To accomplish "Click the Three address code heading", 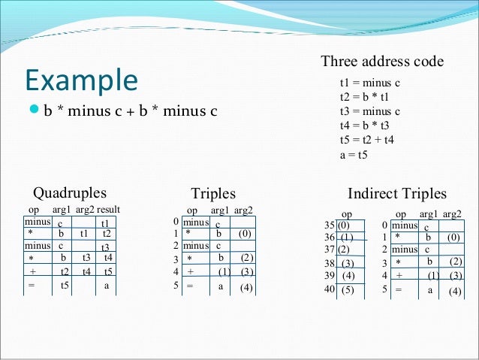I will pos(382,62).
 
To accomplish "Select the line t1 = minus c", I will pos(369,83).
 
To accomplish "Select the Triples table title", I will pos(213,194).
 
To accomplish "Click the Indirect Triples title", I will pos(397,194).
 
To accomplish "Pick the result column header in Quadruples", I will pos(108,210).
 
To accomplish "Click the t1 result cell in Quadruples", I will pos(105,223).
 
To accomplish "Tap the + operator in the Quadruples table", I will pos(33,272).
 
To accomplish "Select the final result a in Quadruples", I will pos(107,286).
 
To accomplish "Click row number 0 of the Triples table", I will pos(176,222).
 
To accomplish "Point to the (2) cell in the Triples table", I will pos(247,258).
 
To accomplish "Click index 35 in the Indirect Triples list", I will pos(330,225).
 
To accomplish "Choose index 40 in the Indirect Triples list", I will pos(330,289).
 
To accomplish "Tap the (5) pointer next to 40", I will pos(347,289).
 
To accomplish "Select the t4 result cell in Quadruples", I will pos(109,258).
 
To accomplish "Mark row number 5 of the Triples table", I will pos(176,286).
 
